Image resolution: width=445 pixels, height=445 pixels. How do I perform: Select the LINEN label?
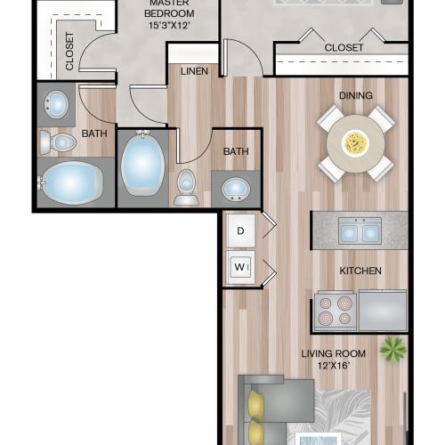coord(194,70)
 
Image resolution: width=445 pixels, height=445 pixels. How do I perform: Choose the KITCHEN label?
coord(360,270)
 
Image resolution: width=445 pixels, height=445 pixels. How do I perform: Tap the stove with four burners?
coord(336,311)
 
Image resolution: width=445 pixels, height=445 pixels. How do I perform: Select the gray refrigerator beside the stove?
coord(382,311)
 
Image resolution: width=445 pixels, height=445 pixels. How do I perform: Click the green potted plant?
coord(392,348)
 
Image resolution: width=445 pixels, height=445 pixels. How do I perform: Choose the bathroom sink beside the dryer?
coord(235,190)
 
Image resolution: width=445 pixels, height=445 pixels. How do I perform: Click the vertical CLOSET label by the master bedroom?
coord(69,52)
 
